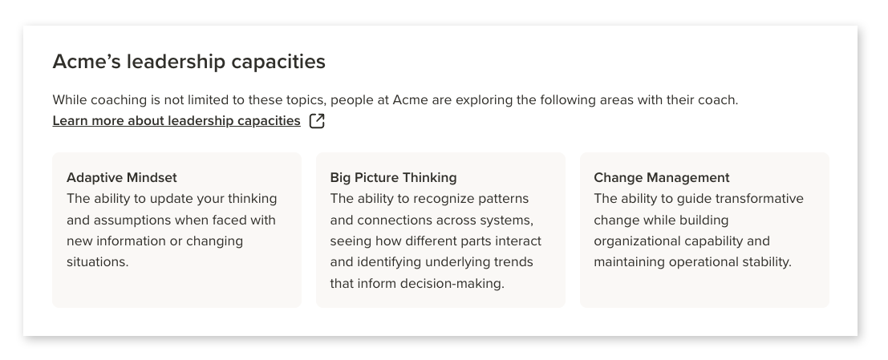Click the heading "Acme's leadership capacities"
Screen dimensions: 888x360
pos(189,62)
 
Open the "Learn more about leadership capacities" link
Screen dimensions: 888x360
pos(176,121)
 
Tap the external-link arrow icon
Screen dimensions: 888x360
pos(317,121)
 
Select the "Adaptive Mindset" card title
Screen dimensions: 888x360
pos(122,178)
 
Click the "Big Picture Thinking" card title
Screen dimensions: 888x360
pos(393,178)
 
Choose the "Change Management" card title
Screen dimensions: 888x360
pos(662,178)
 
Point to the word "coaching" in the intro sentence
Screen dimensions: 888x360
pos(119,100)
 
